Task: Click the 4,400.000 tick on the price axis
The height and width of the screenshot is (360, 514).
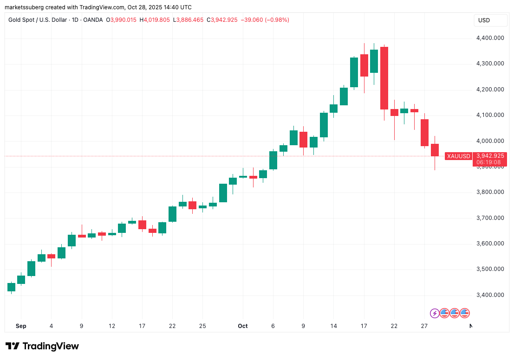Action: pyautogui.click(x=489, y=38)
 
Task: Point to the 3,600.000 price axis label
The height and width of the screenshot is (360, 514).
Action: pyautogui.click(x=489, y=244)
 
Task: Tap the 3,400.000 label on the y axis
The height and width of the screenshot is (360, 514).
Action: pyautogui.click(x=489, y=295)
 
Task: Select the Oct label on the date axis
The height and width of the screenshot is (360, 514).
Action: pyautogui.click(x=242, y=326)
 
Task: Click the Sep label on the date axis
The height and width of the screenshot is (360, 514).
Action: pyautogui.click(x=21, y=326)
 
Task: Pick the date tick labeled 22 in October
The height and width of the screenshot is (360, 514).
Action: pyautogui.click(x=394, y=326)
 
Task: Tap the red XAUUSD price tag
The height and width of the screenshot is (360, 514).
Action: pyautogui.click(x=458, y=156)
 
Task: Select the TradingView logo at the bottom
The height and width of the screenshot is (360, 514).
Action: pyautogui.click(x=42, y=346)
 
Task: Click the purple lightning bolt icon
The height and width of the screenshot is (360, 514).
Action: pyautogui.click(x=435, y=313)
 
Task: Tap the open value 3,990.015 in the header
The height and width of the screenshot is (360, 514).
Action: pyautogui.click(x=124, y=20)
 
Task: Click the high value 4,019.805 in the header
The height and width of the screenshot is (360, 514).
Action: pyautogui.click(x=157, y=20)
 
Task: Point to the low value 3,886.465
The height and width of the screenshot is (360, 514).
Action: pyautogui.click(x=190, y=20)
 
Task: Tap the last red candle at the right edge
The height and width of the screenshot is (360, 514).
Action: pyautogui.click(x=435, y=150)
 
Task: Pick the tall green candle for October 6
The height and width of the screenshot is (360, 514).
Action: pyautogui.click(x=273, y=160)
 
